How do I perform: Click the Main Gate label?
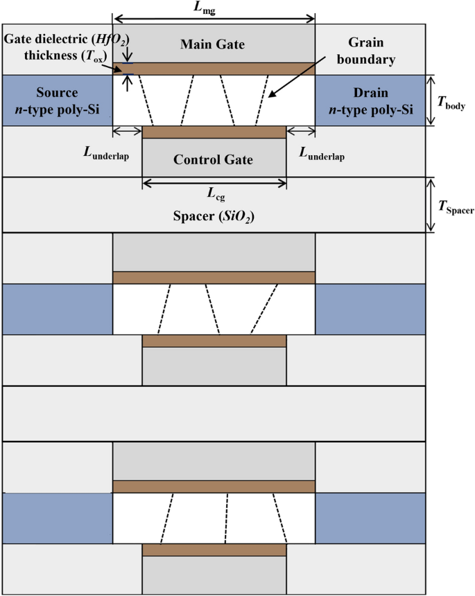(213, 45)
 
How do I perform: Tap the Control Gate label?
(213, 159)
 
